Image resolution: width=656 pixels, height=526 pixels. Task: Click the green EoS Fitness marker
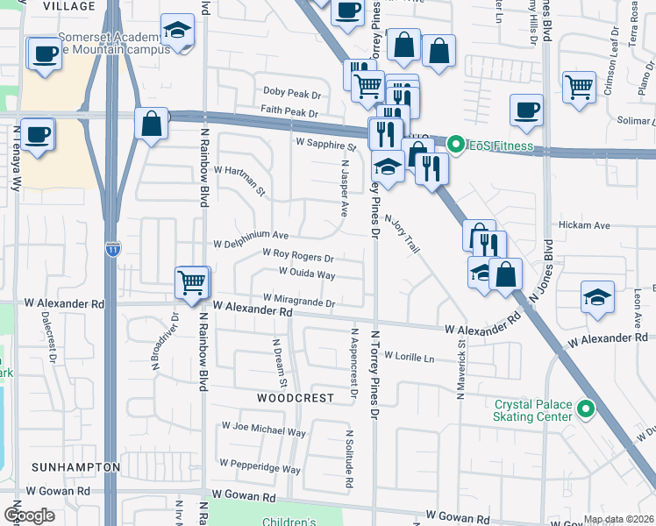(x=456, y=144)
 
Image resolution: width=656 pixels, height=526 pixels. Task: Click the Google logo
(x=29, y=515)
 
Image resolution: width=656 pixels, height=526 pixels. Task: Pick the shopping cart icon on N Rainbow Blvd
(x=192, y=281)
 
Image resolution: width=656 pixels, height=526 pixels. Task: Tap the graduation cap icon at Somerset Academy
(x=178, y=32)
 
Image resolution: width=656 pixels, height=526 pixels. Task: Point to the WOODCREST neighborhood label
(x=296, y=398)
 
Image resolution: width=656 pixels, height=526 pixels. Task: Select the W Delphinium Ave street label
(x=252, y=236)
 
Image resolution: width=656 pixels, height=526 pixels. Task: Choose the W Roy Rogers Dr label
(x=298, y=257)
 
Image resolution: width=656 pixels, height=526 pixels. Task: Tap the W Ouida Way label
(x=307, y=274)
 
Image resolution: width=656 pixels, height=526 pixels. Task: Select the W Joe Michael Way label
(x=264, y=431)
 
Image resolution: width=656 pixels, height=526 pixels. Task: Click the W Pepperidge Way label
(x=260, y=464)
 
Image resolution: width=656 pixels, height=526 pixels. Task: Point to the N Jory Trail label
(x=402, y=236)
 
